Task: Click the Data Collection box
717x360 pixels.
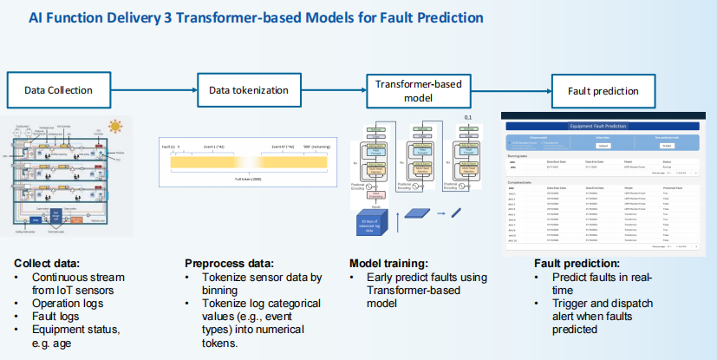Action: [58, 90]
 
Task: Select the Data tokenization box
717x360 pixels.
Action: [249, 90]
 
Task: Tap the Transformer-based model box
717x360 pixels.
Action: [418, 90]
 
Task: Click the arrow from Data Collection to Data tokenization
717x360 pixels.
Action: [156, 90]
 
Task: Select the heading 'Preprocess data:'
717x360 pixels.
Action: [230, 263]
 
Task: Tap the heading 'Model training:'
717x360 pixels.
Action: [391, 263]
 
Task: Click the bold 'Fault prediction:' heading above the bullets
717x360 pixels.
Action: [577, 263]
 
